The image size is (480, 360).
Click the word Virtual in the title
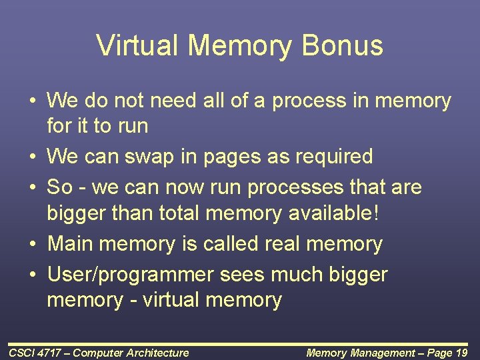(x=137, y=45)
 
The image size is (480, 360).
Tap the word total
(x=181, y=213)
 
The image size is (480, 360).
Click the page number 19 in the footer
(x=461, y=353)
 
